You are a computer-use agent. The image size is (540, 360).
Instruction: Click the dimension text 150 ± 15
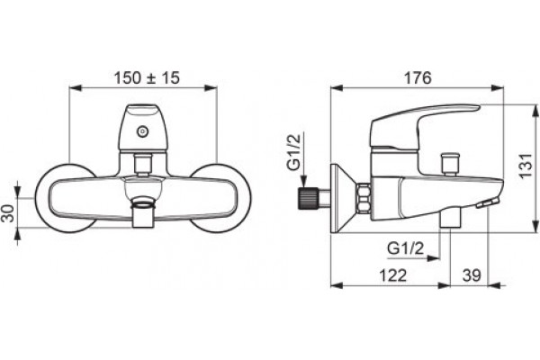pos(147,78)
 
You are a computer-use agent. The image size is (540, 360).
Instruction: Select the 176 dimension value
pos(418,78)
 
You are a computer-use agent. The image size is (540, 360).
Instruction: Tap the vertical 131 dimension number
pos(526,166)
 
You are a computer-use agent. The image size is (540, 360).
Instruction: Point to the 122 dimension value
pos(393,275)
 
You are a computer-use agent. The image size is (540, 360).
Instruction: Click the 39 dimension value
pos(472,275)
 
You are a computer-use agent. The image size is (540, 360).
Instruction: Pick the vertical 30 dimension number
pos(8,213)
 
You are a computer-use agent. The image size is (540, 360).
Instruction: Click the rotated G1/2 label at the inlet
pos(293,152)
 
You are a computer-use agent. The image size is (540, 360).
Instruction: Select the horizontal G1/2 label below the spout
pos(405,248)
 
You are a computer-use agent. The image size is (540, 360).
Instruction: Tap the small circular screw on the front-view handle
pos(142,131)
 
